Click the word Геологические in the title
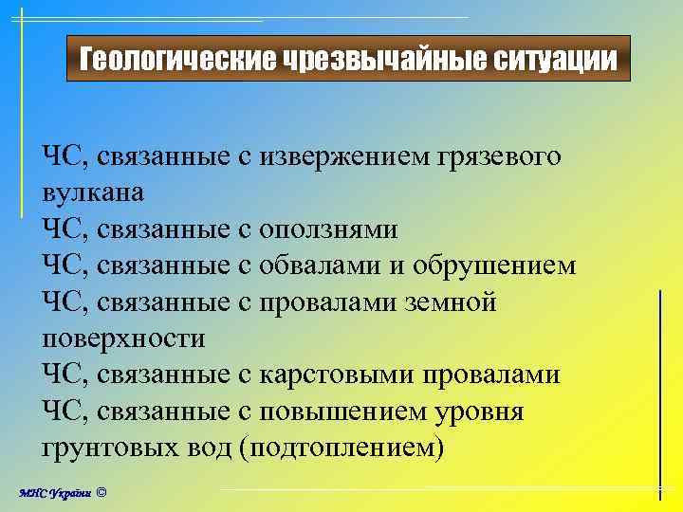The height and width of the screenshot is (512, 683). coord(177,61)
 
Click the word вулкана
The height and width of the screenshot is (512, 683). coord(93,193)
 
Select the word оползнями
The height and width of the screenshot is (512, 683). coord(328,229)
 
